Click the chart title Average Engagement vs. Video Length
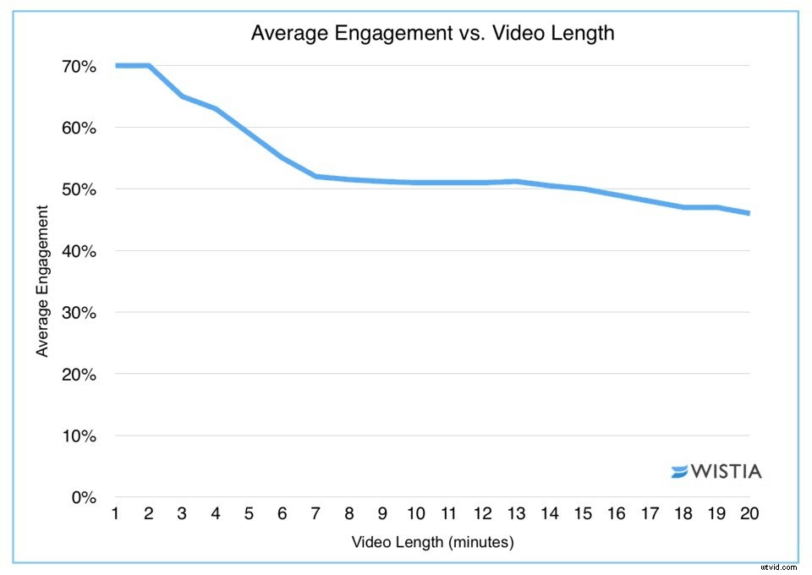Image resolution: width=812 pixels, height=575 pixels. point(432,35)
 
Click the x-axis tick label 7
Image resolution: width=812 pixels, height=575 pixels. point(315,514)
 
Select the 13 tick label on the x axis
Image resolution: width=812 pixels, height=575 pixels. point(516,514)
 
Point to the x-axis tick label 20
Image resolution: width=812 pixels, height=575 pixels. point(749,514)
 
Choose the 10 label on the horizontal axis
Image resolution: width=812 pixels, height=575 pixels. point(415,514)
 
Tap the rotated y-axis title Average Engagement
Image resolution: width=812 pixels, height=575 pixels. point(42,281)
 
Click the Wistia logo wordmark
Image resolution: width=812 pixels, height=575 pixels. point(726,471)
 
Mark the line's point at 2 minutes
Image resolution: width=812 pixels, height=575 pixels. point(149,66)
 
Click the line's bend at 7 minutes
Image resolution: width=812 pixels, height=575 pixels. point(315,176)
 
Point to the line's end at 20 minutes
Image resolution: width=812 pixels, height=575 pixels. point(749,213)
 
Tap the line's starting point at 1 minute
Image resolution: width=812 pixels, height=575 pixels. point(116,66)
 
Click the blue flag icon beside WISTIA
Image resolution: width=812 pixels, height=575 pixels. point(679,472)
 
